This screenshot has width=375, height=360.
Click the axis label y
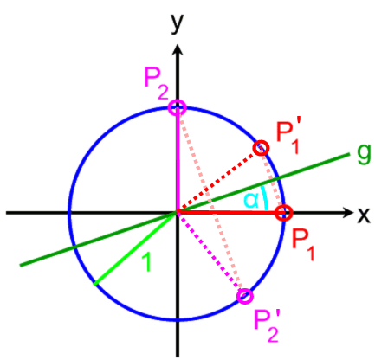[x=178, y=22]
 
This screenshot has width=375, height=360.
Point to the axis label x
[x=364, y=215]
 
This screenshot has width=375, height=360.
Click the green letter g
[x=364, y=154]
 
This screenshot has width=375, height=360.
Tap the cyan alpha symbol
[x=251, y=201]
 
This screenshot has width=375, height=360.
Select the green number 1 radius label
[x=146, y=262]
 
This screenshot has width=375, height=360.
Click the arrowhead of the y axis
[x=178, y=49]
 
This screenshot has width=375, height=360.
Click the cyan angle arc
[x=265, y=198]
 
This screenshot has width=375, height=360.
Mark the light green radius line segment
[x=135, y=249]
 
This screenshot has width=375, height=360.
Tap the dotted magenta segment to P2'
[x=210, y=253]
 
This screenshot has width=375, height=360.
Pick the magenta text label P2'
[x=266, y=326]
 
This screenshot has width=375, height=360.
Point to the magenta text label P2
[x=156, y=84]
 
